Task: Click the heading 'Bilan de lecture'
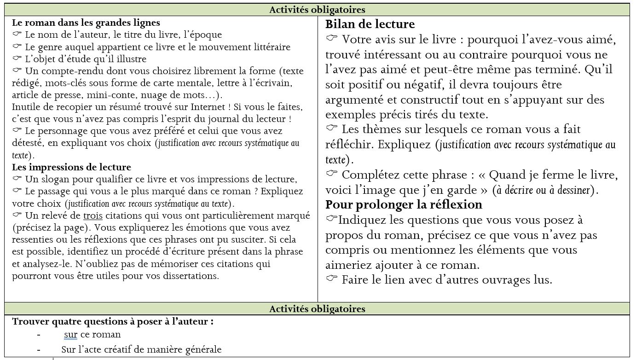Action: click(370, 24)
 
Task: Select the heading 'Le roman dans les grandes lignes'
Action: click(86, 23)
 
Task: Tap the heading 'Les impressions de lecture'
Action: click(71, 167)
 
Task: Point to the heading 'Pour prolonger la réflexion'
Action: click(404, 204)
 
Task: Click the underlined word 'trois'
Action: click(93, 216)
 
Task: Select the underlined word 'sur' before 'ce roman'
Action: click(70, 335)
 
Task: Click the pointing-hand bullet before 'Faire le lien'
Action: click(331, 279)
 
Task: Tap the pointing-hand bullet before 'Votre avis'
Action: click(331, 39)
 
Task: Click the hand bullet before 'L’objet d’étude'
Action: click(17, 59)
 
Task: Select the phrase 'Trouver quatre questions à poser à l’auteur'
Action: click(112, 322)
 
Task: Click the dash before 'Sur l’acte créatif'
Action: click(39, 349)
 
